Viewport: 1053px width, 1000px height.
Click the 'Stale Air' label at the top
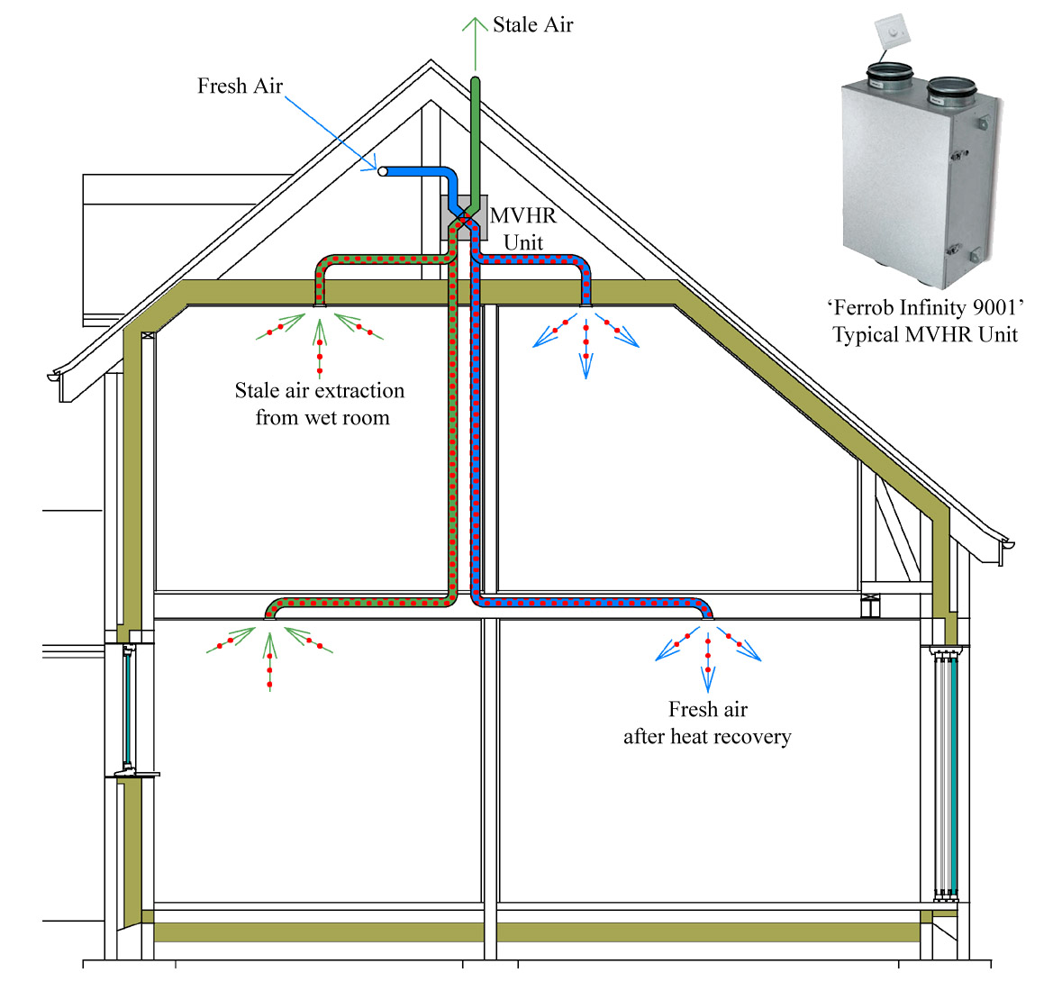pyautogui.click(x=532, y=25)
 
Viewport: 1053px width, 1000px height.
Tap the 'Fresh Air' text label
pyautogui.click(x=240, y=86)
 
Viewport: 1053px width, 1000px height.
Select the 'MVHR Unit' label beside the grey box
pyautogui.click(x=523, y=229)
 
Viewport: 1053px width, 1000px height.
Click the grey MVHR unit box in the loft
pyautogui.click(x=464, y=218)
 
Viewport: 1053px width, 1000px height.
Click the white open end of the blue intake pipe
pyautogui.click(x=383, y=171)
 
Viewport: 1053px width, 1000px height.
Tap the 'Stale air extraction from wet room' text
pyautogui.click(x=321, y=404)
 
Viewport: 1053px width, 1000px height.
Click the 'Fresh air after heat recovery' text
pyautogui.click(x=707, y=723)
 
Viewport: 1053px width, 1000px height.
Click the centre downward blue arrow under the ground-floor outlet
pyautogui.click(x=708, y=667)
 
